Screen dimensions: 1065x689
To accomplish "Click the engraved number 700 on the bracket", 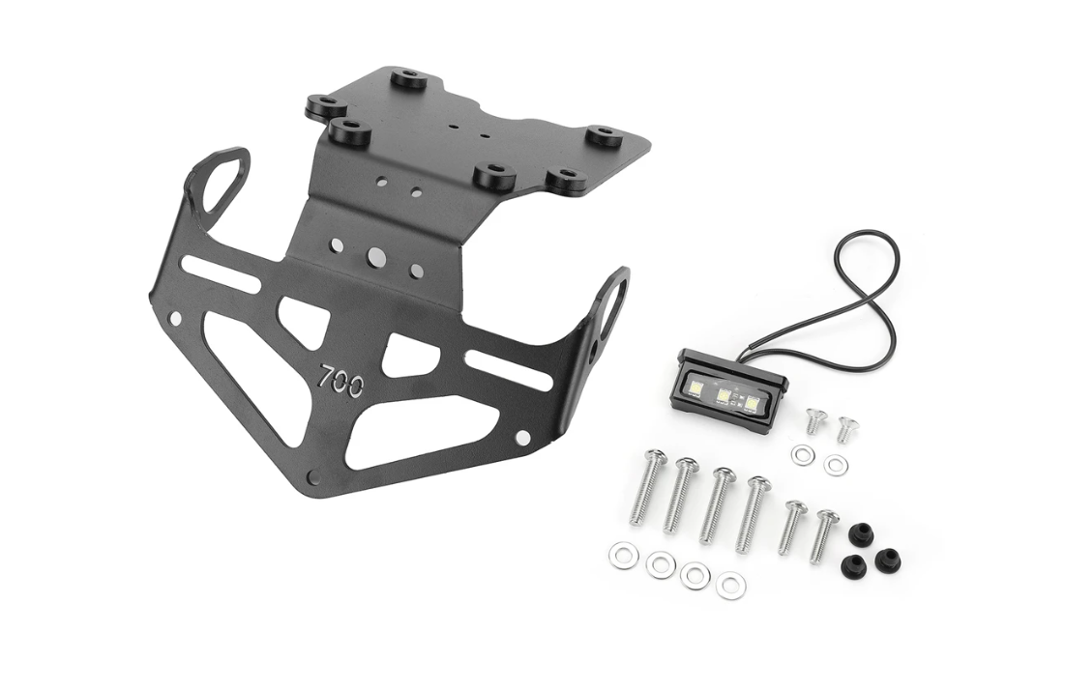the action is tap(341, 378).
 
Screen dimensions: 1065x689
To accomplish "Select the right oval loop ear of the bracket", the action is tap(610, 299).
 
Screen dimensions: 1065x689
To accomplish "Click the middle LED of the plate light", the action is tap(725, 396).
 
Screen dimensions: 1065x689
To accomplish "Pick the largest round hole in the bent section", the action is tap(374, 256).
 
